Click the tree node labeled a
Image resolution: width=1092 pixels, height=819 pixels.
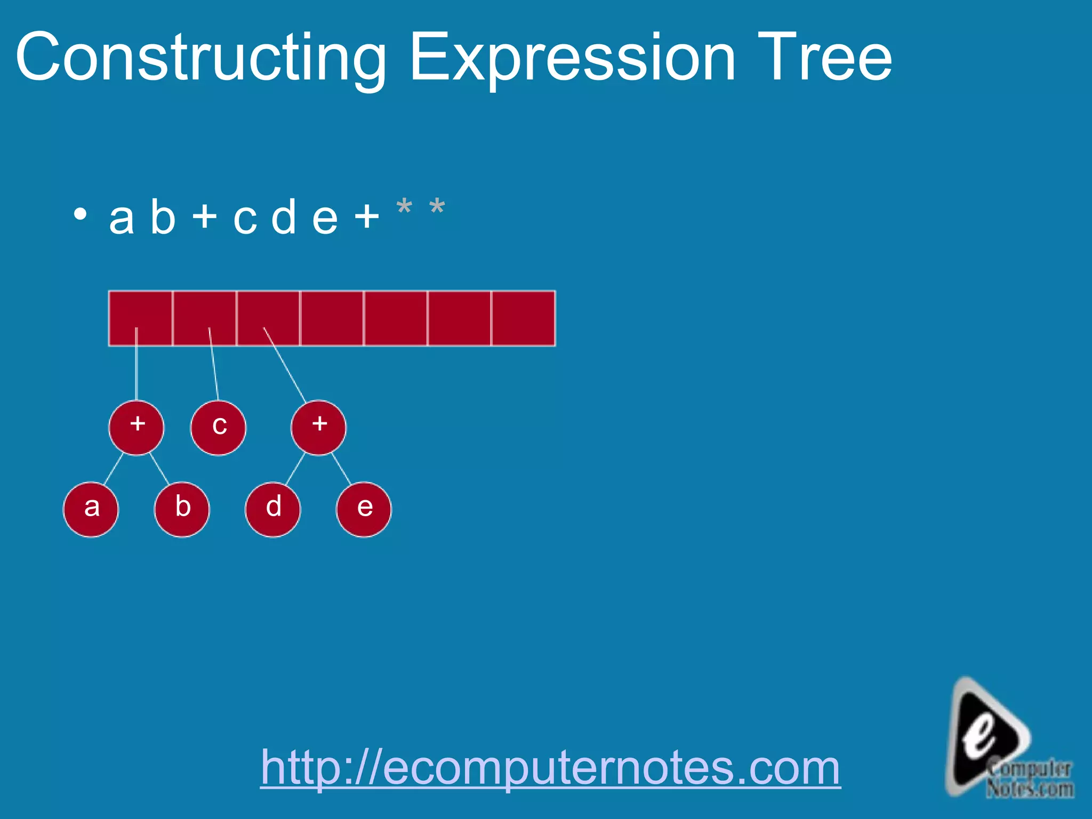pos(91,509)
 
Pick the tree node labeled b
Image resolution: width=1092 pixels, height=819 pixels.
pos(182,509)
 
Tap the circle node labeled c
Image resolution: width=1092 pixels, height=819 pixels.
pos(218,428)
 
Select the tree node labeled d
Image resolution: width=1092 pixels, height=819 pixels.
pos(272,509)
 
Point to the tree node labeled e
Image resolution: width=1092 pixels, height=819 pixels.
pos(364,509)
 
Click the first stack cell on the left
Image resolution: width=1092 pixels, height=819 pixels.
pos(141,318)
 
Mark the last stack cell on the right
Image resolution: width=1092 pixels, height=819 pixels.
pos(523,318)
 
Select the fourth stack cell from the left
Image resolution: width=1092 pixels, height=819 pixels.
pos(332,318)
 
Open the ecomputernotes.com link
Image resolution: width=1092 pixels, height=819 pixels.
pos(550,768)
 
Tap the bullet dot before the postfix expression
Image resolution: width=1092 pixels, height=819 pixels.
pos(81,215)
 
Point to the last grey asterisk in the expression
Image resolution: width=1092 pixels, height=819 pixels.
pos(437,207)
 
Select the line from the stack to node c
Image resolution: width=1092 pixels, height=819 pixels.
pos(214,365)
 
